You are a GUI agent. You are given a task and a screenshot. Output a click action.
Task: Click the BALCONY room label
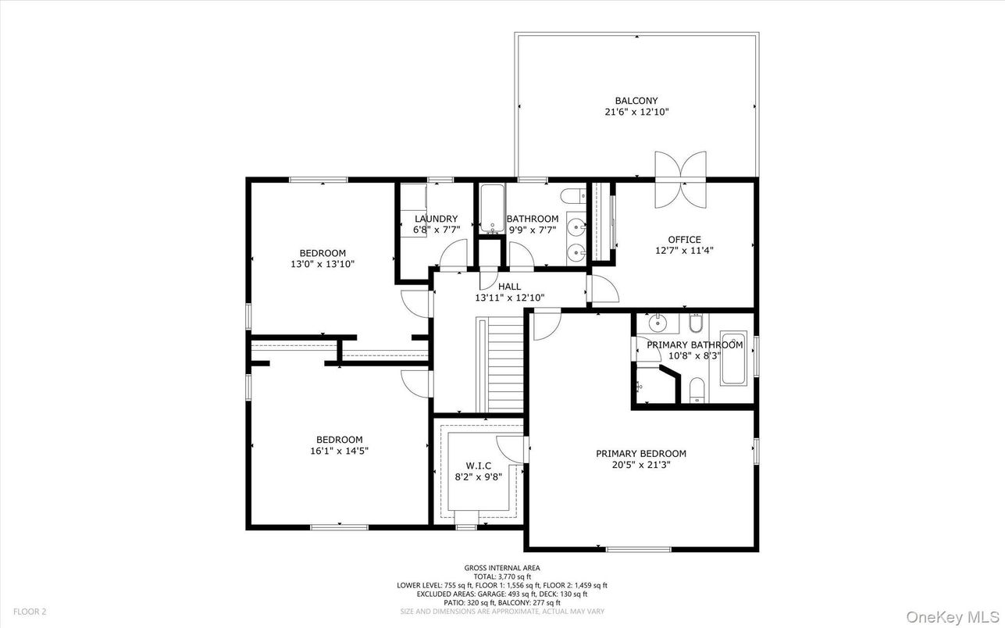(x=636, y=101)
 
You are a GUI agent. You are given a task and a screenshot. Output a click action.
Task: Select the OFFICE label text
(x=684, y=240)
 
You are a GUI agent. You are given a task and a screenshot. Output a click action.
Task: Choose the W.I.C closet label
(x=478, y=466)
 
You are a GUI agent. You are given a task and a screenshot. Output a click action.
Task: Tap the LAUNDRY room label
(x=436, y=219)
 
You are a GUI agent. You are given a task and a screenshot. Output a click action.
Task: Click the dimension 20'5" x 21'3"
(x=641, y=465)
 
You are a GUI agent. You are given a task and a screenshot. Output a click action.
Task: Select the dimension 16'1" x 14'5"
(x=339, y=451)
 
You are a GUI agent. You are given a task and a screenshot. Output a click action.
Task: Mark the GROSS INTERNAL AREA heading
(x=502, y=568)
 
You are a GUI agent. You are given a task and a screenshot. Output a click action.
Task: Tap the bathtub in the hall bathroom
(x=491, y=209)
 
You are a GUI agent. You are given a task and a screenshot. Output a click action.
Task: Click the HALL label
(x=509, y=287)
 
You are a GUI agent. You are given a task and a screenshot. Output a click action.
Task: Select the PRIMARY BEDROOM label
(x=641, y=454)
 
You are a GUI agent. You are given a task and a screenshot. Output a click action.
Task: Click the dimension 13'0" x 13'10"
(x=323, y=264)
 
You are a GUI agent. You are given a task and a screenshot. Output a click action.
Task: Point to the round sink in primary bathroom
(x=656, y=321)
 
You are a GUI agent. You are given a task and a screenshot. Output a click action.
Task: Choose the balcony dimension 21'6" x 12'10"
(x=636, y=112)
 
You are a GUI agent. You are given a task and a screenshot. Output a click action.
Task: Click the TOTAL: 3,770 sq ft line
(x=502, y=576)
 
